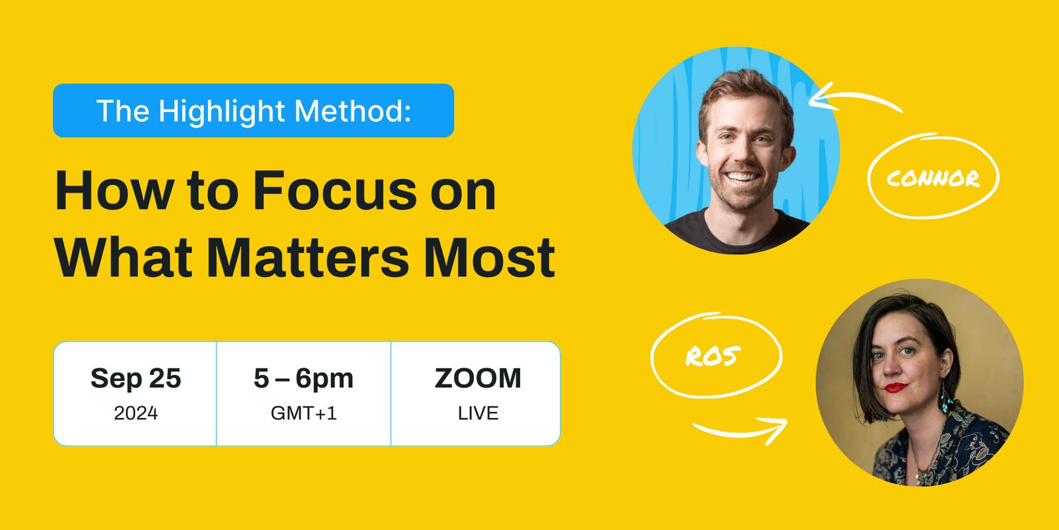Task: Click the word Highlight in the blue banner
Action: coord(221,112)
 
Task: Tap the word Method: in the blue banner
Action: coord(353,111)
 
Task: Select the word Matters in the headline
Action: coord(308,258)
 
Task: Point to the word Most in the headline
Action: coord(489,258)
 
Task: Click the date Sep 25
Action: coord(136,378)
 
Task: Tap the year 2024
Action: coord(136,413)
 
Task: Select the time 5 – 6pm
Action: coord(304,378)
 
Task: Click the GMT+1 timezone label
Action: coord(304,413)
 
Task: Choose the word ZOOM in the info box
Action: coord(478,378)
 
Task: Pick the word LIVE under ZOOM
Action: coord(478,413)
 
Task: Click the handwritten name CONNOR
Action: coord(933,178)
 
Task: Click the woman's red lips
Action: coord(896,388)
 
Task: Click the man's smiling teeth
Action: coord(742,177)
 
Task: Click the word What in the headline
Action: coord(124,258)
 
